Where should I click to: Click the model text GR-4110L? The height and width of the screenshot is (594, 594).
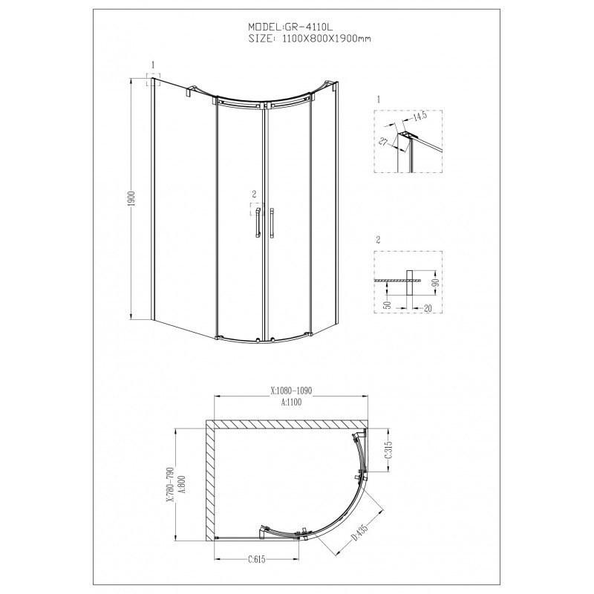click(x=308, y=27)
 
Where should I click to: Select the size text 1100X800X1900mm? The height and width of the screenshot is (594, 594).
click(x=327, y=39)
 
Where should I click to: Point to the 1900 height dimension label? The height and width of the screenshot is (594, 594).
click(x=131, y=199)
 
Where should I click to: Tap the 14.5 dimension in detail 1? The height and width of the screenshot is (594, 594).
click(x=420, y=115)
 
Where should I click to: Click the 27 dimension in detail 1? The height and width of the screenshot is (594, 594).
click(x=383, y=142)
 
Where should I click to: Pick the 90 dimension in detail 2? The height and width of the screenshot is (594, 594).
click(x=436, y=282)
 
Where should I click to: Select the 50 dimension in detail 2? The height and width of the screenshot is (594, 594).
click(x=387, y=304)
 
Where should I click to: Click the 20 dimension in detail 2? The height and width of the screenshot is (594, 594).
click(x=428, y=308)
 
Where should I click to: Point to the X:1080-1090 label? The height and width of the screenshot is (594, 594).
click(x=291, y=391)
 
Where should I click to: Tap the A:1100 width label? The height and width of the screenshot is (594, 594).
click(x=291, y=402)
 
